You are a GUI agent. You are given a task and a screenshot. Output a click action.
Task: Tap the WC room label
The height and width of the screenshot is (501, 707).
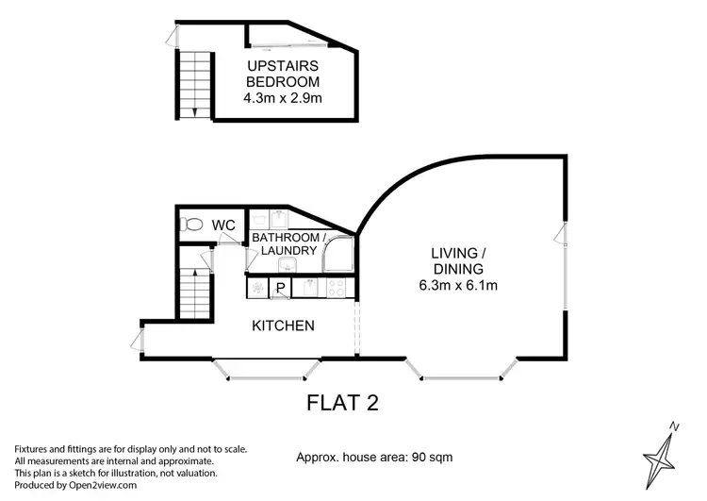pos(223,225)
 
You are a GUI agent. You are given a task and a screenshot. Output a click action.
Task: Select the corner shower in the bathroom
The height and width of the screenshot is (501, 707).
pos(339,253)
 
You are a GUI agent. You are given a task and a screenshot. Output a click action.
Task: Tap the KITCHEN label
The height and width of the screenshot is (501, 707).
pos(283,326)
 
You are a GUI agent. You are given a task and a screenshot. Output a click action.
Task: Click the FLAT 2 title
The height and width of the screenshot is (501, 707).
pos(343,403)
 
